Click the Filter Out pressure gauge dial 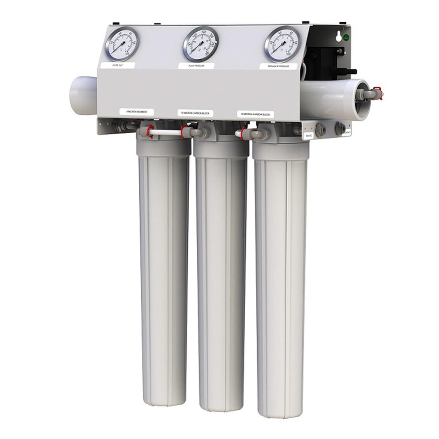click(x=122, y=44)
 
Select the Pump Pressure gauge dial click(x=200, y=44)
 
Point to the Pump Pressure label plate click(x=196, y=66)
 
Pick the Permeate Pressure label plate click(x=278, y=66)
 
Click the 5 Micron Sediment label click(x=136, y=112)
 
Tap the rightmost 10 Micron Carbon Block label click(x=256, y=114)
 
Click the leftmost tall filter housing click(x=164, y=274)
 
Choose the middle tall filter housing click(x=221, y=279)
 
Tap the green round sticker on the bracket click(x=346, y=38)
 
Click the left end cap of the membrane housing click(x=83, y=95)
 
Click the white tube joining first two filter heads click(x=166, y=133)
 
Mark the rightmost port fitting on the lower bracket click(x=340, y=128)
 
